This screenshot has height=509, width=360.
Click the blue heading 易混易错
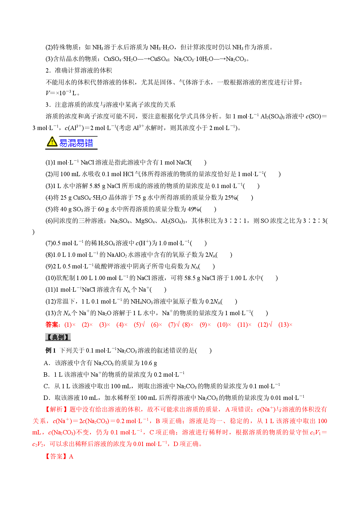coord(76,143)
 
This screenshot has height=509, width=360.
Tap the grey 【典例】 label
coord(58,337)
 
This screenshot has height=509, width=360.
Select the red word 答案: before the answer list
coord(53,324)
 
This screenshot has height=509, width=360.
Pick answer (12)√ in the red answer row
coord(265,324)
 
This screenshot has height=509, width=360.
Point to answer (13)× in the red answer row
coord(285,325)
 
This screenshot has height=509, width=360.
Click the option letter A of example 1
coord(46,363)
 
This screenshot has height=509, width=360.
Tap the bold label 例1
coord(51,351)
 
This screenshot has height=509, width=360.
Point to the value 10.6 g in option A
coord(149,363)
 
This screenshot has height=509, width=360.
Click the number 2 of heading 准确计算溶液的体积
coord(47,71)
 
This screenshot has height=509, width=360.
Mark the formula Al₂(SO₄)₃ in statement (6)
coord(173,221)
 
